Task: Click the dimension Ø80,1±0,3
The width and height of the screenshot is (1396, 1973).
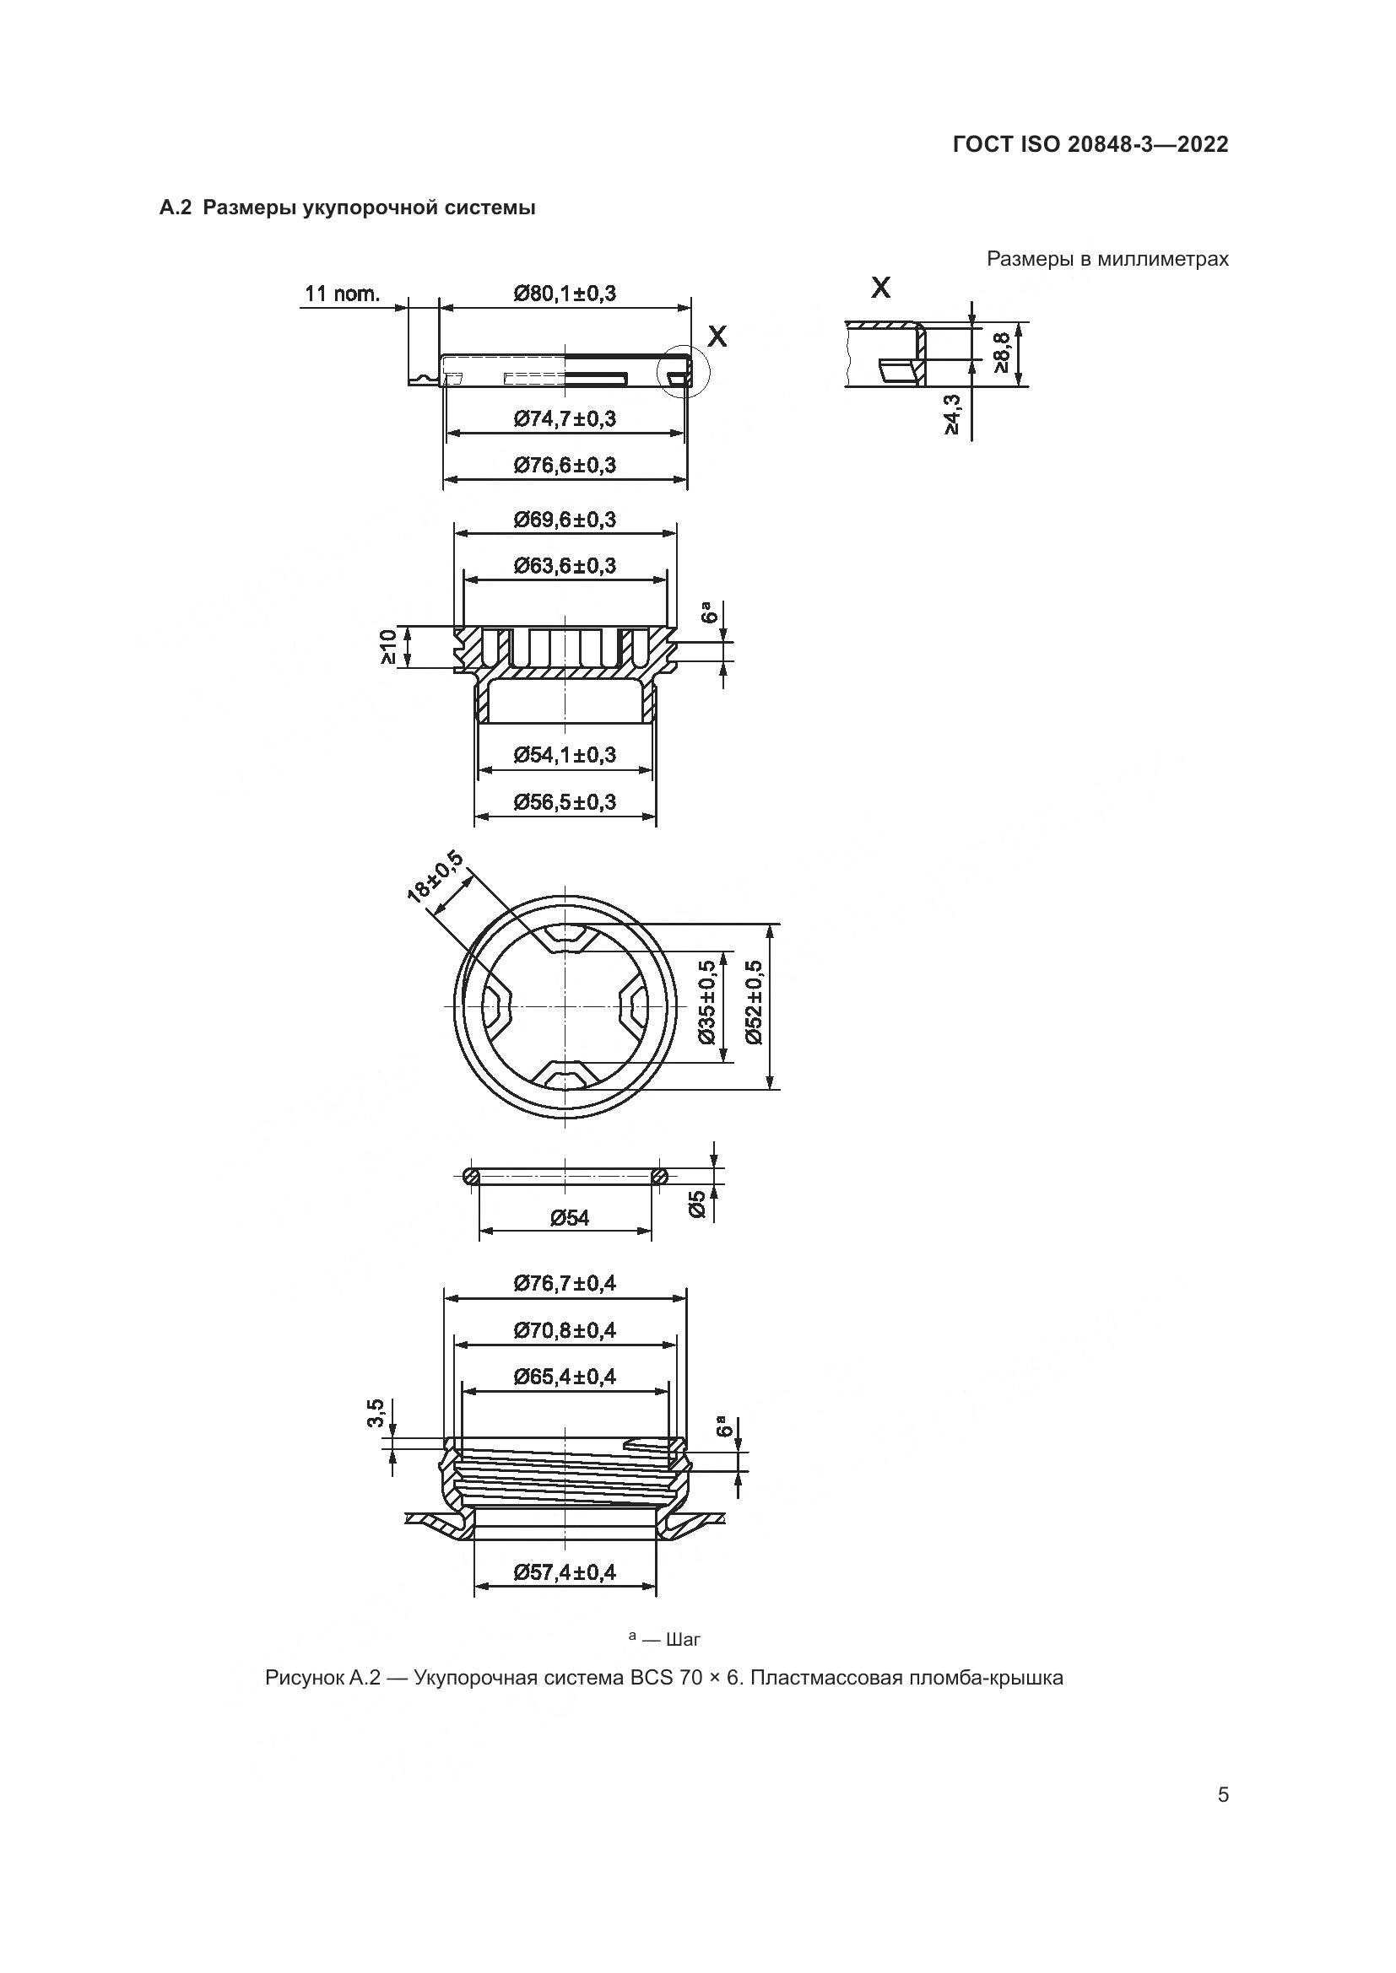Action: click(x=565, y=294)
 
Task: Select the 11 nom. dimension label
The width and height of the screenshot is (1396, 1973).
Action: click(x=341, y=294)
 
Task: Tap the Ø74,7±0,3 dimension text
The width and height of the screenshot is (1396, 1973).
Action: click(x=565, y=419)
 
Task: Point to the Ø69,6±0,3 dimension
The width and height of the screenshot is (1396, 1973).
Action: click(x=565, y=520)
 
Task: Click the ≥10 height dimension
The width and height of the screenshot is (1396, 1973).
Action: click(x=388, y=647)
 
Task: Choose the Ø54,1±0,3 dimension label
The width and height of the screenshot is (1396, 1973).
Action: click(x=565, y=755)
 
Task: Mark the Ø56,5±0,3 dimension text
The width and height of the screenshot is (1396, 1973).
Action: click(x=565, y=802)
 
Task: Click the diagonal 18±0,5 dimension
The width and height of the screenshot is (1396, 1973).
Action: click(x=435, y=876)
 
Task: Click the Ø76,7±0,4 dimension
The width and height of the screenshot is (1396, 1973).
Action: click(x=565, y=1284)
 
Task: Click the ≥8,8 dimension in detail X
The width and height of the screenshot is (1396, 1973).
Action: click(x=1002, y=353)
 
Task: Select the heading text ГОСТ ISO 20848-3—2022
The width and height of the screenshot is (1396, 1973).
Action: click(x=1090, y=144)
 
